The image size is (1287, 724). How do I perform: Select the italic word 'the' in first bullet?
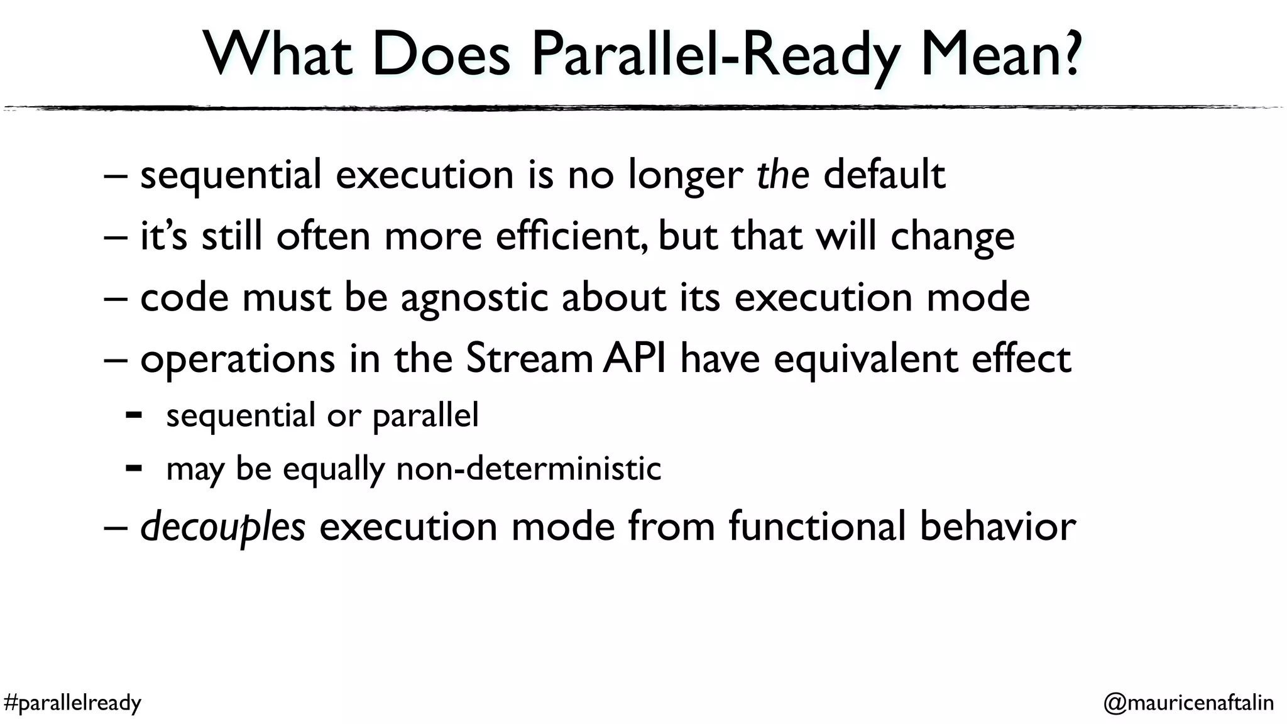click(x=782, y=174)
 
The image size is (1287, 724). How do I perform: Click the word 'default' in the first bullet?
click(x=884, y=174)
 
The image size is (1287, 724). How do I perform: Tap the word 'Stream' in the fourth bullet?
click(x=529, y=358)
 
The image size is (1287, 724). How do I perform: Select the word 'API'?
click(x=634, y=358)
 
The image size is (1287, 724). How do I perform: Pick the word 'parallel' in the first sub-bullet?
click(x=425, y=416)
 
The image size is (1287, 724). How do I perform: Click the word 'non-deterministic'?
click(x=528, y=469)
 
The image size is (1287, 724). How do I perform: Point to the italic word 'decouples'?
click(x=222, y=527)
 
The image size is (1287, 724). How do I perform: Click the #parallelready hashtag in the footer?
click(x=72, y=702)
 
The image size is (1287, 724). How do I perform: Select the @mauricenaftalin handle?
click(x=1188, y=702)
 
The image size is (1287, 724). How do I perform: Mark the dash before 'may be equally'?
click(x=133, y=468)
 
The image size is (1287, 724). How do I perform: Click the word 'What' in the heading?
click(x=277, y=55)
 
